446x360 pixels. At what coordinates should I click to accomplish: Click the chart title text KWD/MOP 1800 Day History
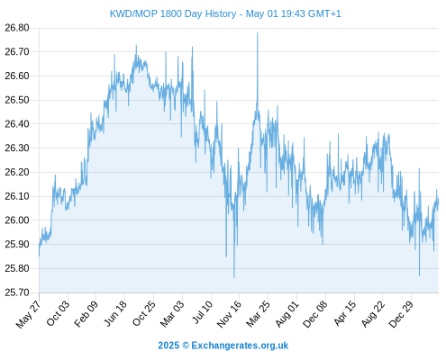point(173,13)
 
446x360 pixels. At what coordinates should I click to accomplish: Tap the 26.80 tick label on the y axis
point(17,28)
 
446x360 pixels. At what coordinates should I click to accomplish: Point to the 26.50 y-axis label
point(17,100)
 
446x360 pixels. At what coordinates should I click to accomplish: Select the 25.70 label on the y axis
point(17,292)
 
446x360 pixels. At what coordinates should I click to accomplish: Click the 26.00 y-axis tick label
point(17,220)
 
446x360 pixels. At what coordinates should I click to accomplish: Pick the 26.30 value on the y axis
point(17,148)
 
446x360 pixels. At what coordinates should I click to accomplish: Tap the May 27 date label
point(28,314)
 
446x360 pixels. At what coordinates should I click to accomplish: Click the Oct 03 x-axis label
point(58,313)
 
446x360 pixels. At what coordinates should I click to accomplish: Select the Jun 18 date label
point(115,313)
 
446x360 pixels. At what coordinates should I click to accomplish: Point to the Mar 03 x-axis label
point(171,313)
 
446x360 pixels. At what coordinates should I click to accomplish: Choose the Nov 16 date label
point(229,314)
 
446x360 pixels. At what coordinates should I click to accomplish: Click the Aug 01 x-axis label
point(287,313)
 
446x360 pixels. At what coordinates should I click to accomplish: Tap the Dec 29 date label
point(401,313)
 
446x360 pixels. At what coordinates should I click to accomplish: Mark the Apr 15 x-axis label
point(344,313)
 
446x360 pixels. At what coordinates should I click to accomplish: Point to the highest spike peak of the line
point(258,33)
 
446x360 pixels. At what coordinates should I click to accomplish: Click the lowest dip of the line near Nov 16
point(234,277)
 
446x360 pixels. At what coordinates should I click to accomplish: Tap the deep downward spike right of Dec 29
point(419,275)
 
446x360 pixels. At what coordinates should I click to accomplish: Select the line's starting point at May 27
point(39,256)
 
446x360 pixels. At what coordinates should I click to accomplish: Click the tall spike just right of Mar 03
point(192,47)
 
